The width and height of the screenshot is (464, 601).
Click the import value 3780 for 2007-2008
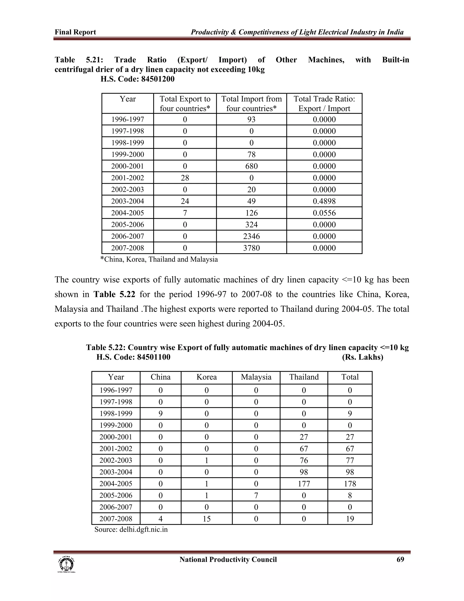point(251,248)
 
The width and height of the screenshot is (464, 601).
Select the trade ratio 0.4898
point(324,201)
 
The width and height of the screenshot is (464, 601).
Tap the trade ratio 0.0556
point(324,213)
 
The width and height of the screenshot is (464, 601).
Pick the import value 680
point(251,166)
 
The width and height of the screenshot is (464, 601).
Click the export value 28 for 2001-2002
point(185,178)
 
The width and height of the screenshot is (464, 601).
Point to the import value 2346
point(251,236)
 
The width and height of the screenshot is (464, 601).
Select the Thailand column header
point(304,377)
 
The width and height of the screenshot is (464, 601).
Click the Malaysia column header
point(256,377)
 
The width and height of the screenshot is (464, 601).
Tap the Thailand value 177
point(304,484)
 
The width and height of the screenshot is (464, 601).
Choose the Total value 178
point(350,484)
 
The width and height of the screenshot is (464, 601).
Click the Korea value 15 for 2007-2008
point(206,519)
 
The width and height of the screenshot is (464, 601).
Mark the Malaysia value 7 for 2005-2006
point(256,496)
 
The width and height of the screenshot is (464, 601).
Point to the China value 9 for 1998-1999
point(161,414)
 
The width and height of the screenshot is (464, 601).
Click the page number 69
point(400,560)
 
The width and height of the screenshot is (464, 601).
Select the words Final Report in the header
point(75,32)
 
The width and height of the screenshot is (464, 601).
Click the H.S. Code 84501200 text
point(138,79)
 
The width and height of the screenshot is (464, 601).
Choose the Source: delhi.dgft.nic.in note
point(131,530)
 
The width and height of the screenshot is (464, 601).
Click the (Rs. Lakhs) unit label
point(362,357)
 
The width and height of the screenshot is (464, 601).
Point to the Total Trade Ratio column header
point(324,103)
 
